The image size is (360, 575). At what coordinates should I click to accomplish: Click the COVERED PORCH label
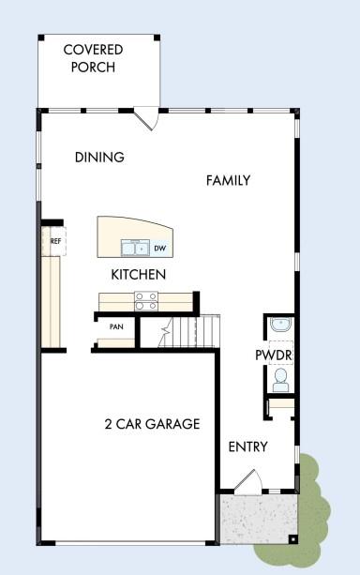93,58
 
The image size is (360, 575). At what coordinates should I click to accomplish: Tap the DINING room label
99,158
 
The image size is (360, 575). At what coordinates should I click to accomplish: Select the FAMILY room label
228,180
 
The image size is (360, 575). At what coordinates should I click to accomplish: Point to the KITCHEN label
139,275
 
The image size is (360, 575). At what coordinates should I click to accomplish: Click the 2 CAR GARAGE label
152,424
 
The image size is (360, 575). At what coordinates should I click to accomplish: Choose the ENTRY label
248,446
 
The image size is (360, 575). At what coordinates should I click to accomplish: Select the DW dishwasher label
159,249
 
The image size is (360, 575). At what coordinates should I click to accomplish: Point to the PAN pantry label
116,327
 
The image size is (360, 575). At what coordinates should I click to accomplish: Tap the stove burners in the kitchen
145,300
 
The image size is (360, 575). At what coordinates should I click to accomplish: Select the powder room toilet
280,380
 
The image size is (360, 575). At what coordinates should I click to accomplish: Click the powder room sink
280,325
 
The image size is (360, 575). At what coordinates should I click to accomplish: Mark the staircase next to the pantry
187,331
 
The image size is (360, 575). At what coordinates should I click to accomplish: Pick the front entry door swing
247,482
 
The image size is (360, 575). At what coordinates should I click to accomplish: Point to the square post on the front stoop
292,539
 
